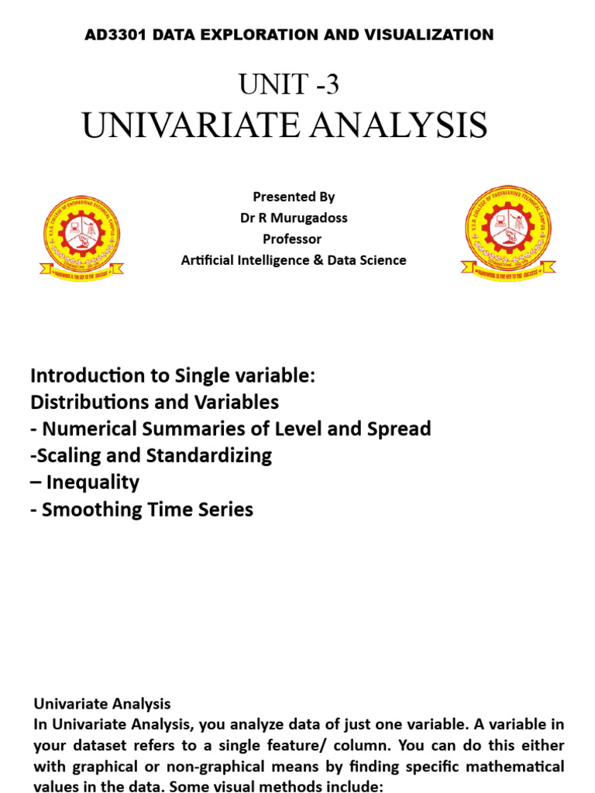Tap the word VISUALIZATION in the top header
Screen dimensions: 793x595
click(x=436, y=35)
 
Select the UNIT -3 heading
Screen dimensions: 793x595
click(x=289, y=84)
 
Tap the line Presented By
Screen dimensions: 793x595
click(x=294, y=197)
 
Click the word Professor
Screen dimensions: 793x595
click(x=292, y=239)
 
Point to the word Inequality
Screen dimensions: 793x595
click(x=92, y=482)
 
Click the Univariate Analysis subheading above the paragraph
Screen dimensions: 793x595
click(x=101, y=704)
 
